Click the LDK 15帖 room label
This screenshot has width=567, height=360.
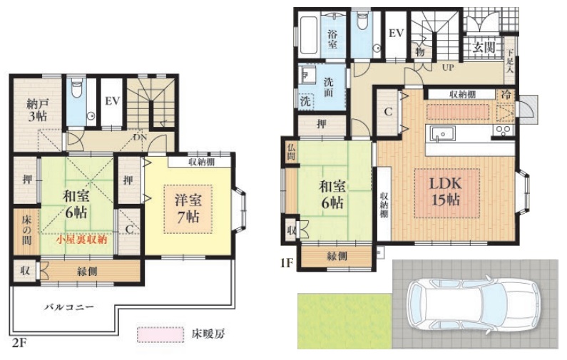pyautogui.click(x=446, y=192)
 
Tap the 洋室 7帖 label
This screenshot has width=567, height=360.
pyautogui.click(x=188, y=208)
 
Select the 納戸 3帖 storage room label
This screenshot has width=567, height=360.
pyautogui.click(x=37, y=110)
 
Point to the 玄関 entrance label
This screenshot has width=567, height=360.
pyautogui.click(x=484, y=46)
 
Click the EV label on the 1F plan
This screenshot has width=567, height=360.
pyautogui.click(x=396, y=34)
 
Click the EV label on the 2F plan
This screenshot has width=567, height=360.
pyautogui.click(x=112, y=101)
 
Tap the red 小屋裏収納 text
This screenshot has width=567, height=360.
pyautogui.click(x=82, y=240)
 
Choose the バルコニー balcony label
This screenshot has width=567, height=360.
pyautogui.click(x=69, y=307)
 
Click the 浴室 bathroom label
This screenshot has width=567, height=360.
pyautogui.click(x=332, y=39)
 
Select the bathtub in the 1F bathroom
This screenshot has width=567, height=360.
pyautogui.click(x=308, y=34)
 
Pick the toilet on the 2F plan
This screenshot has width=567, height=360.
pyautogui.click(x=76, y=88)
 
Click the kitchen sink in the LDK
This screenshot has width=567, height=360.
pyautogui.click(x=442, y=133)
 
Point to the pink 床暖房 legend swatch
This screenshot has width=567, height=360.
pyautogui.click(x=160, y=334)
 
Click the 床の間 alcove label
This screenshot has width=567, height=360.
pyautogui.click(x=26, y=230)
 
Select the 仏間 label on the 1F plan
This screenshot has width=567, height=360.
pyautogui.click(x=291, y=152)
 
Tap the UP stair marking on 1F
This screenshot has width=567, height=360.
pyautogui.click(x=448, y=67)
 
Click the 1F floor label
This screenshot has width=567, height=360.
pyautogui.click(x=287, y=263)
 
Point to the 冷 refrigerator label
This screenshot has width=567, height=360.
pyautogui.click(x=506, y=95)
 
